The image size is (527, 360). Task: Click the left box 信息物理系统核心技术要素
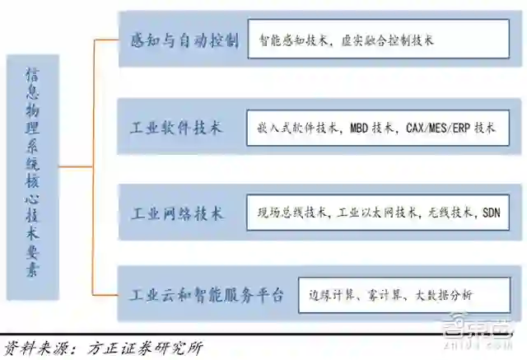click(x=32, y=172)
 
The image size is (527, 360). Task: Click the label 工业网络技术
click(x=176, y=213)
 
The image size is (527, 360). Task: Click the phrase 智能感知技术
click(x=296, y=40)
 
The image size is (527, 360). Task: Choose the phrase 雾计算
click(x=387, y=294)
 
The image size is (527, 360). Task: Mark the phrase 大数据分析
click(x=447, y=294)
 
